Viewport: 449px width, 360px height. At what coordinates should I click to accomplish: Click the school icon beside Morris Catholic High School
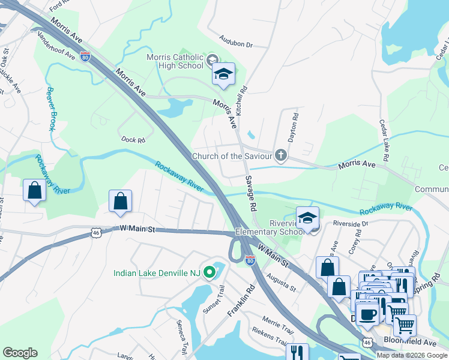[x=223, y=74]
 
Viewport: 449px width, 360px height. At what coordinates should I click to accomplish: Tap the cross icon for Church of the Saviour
[x=280, y=156]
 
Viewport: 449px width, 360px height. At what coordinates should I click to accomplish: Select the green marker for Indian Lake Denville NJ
[x=209, y=273]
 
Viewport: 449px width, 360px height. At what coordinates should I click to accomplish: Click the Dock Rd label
[x=133, y=140]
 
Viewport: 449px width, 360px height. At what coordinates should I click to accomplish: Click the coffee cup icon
[x=367, y=314]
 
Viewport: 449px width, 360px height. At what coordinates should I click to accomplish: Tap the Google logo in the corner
[x=20, y=353]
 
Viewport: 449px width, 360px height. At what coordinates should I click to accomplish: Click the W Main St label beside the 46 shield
[x=137, y=229]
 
